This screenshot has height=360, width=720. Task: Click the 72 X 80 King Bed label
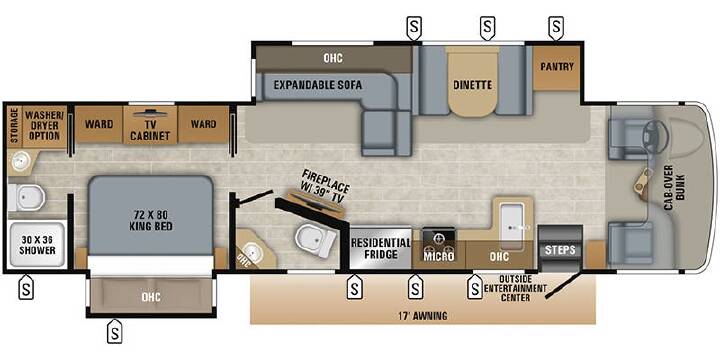[151, 219]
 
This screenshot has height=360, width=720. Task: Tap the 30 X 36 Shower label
[38, 245]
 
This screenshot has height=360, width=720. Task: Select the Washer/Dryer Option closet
[45, 127]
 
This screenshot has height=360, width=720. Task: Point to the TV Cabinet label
[150, 131]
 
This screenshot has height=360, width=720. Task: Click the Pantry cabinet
[557, 68]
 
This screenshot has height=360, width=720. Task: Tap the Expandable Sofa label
[318, 85]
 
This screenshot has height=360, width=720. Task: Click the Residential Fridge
[381, 247]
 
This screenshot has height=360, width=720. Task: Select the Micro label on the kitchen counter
[439, 256]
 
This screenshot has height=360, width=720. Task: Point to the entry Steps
[560, 248]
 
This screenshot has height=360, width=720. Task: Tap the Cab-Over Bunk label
[673, 187]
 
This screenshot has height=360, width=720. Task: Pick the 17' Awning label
[423, 316]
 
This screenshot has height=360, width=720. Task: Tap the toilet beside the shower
[27, 198]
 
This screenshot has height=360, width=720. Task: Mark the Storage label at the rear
[14, 125]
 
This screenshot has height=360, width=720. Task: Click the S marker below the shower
[26, 288]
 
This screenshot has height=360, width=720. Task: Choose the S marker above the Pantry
[557, 27]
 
